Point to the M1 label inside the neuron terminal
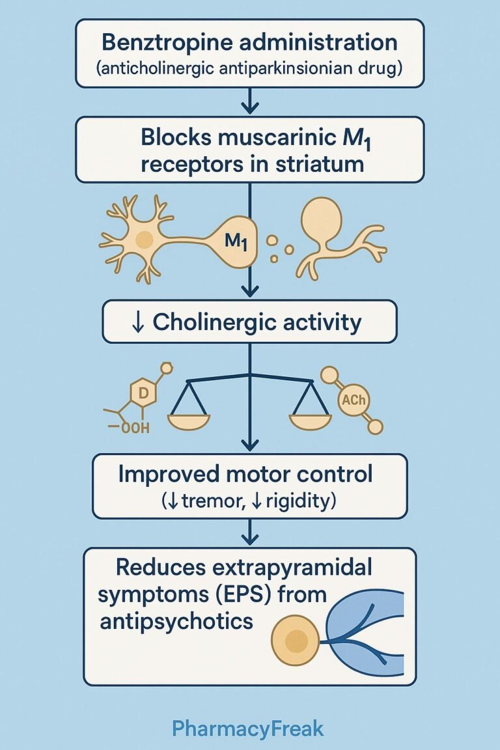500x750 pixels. pyautogui.click(x=235, y=242)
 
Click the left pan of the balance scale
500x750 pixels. pyautogui.click(x=188, y=421)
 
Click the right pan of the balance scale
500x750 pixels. pyautogui.click(x=310, y=421)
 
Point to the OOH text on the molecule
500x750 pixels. pyautogui.click(x=135, y=428)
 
